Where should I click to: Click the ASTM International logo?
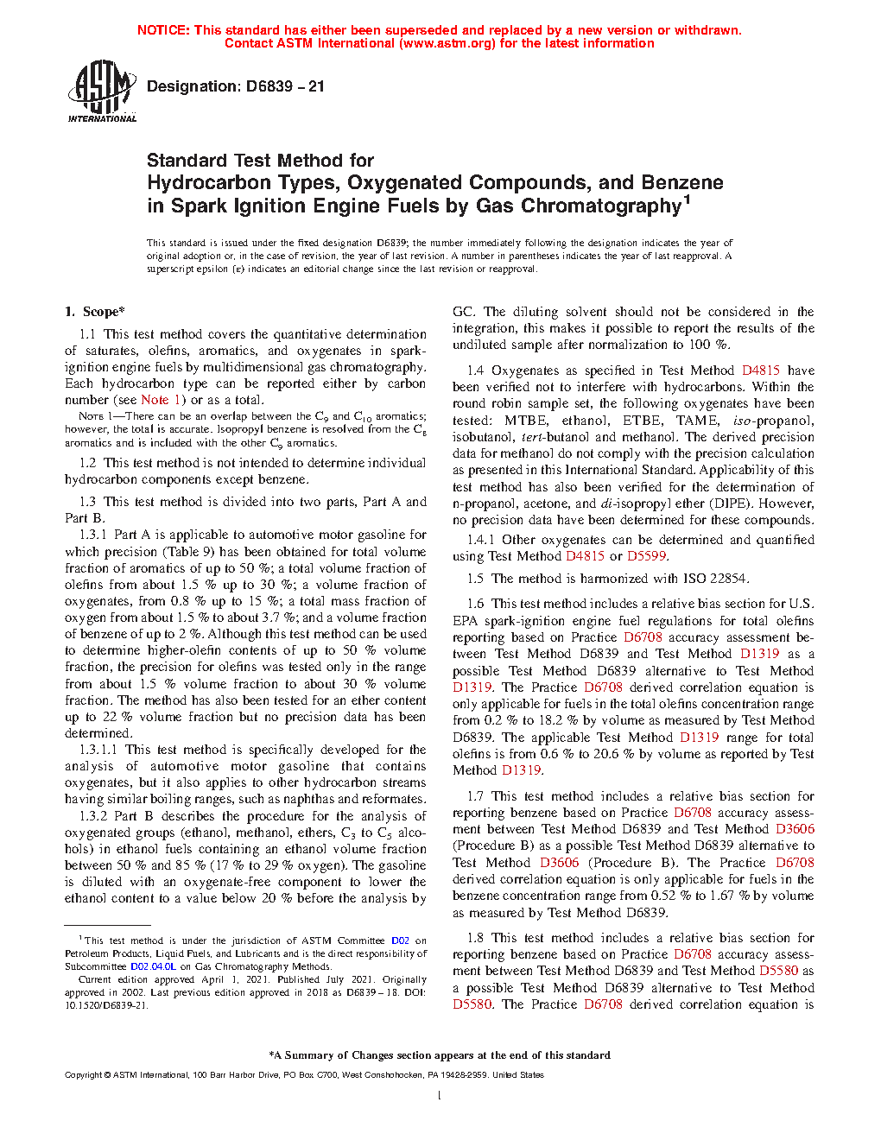pyautogui.click(x=101, y=91)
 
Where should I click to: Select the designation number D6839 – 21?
pyautogui.click(x=285, y=86)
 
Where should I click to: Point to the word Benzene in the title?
pyautogui.click(x=682, y=183)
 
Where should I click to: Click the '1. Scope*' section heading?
pyautogui.click(x=95, y=312)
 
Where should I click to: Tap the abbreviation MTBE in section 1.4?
pyautogui.click(x=526, y=421)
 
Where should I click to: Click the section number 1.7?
pyautogui.click(x=475, y=796)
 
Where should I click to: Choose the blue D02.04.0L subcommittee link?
pyautogui.click(x=153, y=967)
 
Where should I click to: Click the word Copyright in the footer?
pyautogui.click(x=84, y=1075)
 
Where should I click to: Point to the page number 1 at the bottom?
pyautogui.click(x=440, y=1096)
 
